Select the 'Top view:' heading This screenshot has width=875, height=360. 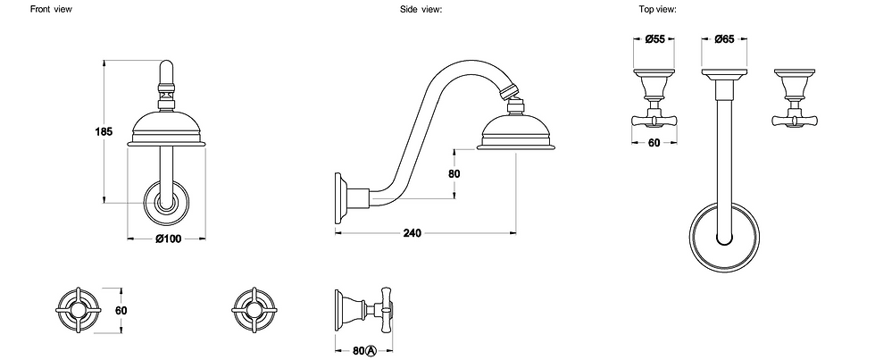658,9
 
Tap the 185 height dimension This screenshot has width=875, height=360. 104,131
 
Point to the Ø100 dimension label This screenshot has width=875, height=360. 168,239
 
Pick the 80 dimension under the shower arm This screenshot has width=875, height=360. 454,173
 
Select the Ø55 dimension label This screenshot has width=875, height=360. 654,39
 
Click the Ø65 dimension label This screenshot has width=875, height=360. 724,39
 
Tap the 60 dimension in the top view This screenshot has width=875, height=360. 654,143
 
